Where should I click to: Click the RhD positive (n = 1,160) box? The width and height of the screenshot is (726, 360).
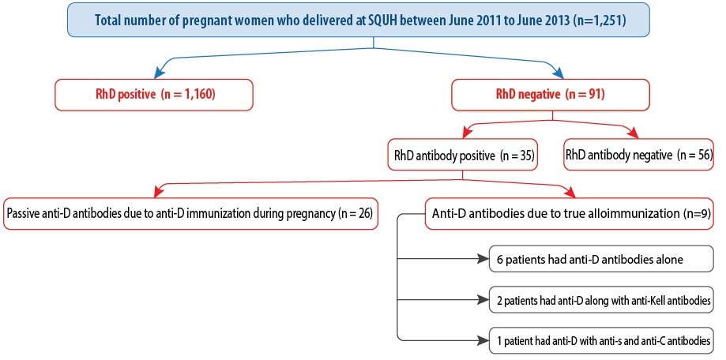point(154,95)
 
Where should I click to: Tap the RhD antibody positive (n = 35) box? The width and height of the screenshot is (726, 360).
point(464,156)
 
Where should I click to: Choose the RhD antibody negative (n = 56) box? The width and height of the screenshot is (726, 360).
point(639,156)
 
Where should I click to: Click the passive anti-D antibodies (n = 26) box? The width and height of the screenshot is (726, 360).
point(190,214)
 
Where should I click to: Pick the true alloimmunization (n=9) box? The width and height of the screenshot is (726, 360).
point(569,214)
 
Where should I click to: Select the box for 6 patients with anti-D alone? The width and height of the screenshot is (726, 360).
point(601,259)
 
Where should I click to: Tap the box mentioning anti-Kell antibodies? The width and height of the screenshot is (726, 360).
point(601,300)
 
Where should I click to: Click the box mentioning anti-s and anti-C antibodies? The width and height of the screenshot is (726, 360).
point(601,341)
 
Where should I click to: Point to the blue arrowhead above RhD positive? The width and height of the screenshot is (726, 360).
point(160,73)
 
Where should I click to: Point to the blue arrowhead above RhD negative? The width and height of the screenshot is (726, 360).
point(557,73)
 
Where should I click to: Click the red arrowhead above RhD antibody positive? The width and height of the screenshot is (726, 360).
point(468,133)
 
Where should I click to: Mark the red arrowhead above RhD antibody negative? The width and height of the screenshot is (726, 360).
point(632,133)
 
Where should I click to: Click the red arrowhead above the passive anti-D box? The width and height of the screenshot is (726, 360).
point(160,191)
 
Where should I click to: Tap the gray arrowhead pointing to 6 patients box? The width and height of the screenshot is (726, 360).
point(483,259)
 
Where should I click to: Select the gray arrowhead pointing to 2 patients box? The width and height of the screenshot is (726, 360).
point(483,300)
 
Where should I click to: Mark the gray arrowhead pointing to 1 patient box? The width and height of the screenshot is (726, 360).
point(483,341)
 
